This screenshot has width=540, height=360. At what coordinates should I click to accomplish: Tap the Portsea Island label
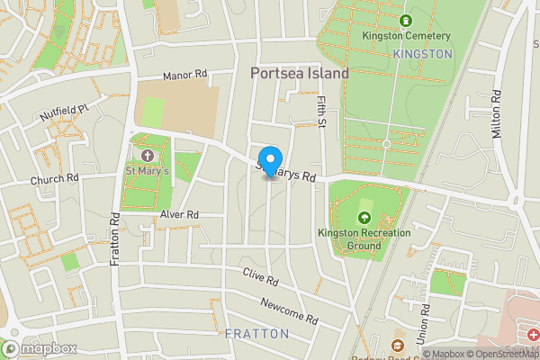coord(299,75)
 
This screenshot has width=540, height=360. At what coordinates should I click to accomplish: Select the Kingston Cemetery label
coord(406,36)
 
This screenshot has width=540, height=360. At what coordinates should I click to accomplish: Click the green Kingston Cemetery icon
coord(406,20)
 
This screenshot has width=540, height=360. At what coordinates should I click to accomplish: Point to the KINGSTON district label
coord(423,54)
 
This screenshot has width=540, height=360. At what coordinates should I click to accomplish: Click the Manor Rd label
coord(185,77)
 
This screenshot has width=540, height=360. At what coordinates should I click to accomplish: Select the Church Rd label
coord(55,178)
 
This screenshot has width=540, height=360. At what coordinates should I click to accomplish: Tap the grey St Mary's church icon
coord(147,156)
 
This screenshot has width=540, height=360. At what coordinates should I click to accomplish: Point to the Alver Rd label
coord(178,215)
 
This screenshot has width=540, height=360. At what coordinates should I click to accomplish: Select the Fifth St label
coord(321,112)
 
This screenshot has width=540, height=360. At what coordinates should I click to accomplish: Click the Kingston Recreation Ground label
coord(364,238)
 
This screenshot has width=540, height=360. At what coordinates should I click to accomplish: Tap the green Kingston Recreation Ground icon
coord(364,218)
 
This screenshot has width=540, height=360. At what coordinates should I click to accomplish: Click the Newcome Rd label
coord(289,311)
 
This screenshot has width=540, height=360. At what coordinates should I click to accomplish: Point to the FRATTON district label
coord(257,333)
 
